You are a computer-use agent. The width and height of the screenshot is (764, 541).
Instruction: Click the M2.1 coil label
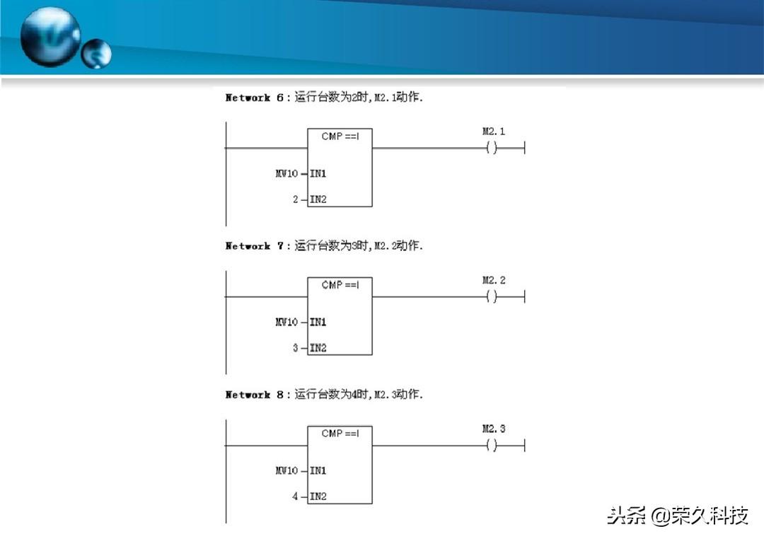[x=494, y=132]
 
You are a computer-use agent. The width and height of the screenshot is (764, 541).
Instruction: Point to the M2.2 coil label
[x=494, y=280]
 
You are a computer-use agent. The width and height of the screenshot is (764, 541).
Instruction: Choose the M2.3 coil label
[x=494, y=429]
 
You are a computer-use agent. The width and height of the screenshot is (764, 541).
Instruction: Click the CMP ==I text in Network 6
[x=340, y=136]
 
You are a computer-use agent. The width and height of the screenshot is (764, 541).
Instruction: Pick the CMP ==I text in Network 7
[x=340, y=285]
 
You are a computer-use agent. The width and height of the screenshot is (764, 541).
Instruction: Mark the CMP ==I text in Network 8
[x=340, y=434]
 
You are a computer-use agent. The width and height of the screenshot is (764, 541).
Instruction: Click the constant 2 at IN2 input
[x=296, y=200]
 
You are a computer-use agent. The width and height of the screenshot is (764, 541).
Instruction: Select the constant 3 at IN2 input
[x=296, y=349]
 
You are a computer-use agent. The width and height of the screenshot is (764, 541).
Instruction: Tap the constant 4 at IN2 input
[x=296, y=497]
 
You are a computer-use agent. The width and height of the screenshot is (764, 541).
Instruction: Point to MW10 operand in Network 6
[x=287, y=174]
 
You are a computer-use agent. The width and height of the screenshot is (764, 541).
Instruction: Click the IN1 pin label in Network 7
[x=318, y=322]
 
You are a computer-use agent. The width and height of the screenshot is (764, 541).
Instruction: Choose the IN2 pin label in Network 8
[x=318, y=497]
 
